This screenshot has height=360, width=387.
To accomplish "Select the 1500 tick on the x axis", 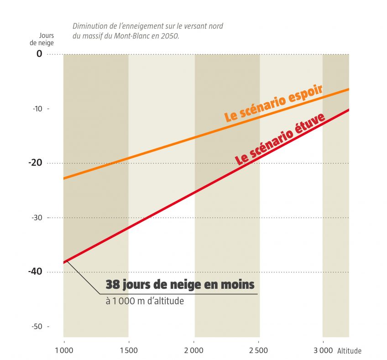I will pos(128,350).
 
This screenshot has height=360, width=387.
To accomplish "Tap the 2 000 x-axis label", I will pos(194,350).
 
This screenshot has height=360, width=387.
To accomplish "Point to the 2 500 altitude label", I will pos(259,350).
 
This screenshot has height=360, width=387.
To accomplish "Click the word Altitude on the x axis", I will pos(349,351).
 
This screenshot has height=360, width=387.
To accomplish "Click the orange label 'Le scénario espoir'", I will pos(274,103).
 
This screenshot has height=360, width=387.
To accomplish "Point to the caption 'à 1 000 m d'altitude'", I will pos(145,301).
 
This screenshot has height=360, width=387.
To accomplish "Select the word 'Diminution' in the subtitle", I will pos(89,26).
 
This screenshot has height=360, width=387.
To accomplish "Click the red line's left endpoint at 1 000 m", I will pos(64,262).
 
